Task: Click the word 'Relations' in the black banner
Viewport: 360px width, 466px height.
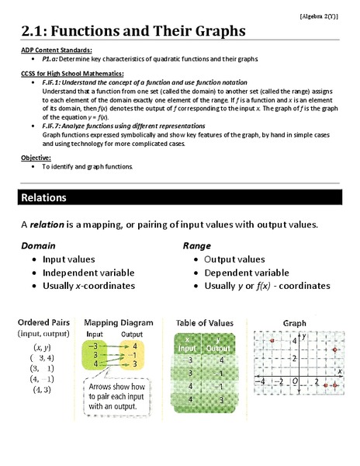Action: pos(44,198)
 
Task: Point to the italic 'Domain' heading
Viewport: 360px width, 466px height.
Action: pos(38,245)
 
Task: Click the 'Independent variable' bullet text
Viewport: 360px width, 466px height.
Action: pos(88,273)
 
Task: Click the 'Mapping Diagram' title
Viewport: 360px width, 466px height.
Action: pos(117,322)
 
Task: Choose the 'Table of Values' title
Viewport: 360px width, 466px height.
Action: pos(205,322)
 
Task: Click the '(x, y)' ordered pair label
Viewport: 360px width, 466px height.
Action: pos(43,346)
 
